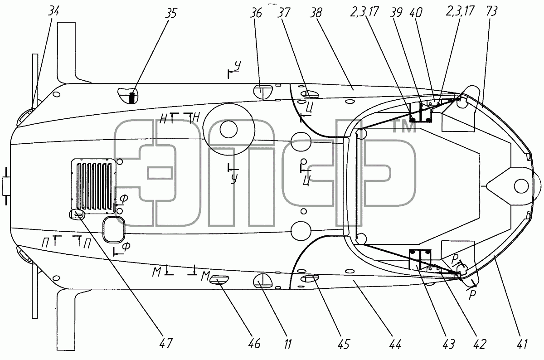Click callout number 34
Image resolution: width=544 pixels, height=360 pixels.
click(53, 11)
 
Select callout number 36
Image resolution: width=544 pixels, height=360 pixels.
click(256, 13)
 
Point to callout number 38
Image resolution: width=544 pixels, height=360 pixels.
click(316, 13)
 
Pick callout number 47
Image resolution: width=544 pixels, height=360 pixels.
click(166, 343)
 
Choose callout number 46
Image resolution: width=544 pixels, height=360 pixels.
click(254, 343)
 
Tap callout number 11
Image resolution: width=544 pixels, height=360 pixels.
click(287, 344)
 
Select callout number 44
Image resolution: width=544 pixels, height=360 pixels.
click(395, 344)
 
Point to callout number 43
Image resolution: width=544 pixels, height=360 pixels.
click(448, 344)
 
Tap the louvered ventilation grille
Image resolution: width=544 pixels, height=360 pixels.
click(93, 186)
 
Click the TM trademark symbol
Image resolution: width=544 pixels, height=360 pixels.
click(404, 127)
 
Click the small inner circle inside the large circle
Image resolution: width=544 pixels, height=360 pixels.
click(228, 129)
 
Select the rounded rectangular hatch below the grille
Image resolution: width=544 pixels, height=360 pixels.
click(114, 229)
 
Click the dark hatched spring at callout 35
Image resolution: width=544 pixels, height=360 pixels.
click(132, 98)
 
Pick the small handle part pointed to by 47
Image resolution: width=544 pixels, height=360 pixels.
click(77, 214)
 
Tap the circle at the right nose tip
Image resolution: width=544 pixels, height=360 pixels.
click(522, 186)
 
